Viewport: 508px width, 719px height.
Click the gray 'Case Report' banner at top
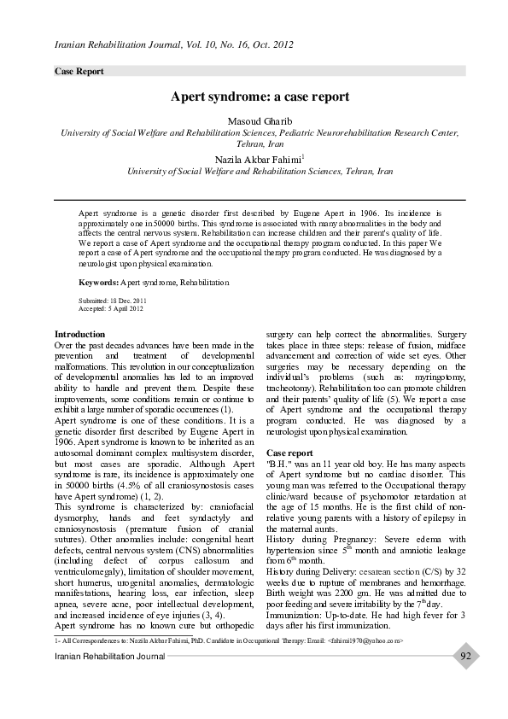click(79, 72)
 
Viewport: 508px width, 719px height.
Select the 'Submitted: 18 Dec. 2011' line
click(112, 301)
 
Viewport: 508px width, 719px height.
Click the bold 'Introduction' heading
click(79, 334)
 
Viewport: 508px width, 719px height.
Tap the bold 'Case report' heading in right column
click(290, 452)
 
